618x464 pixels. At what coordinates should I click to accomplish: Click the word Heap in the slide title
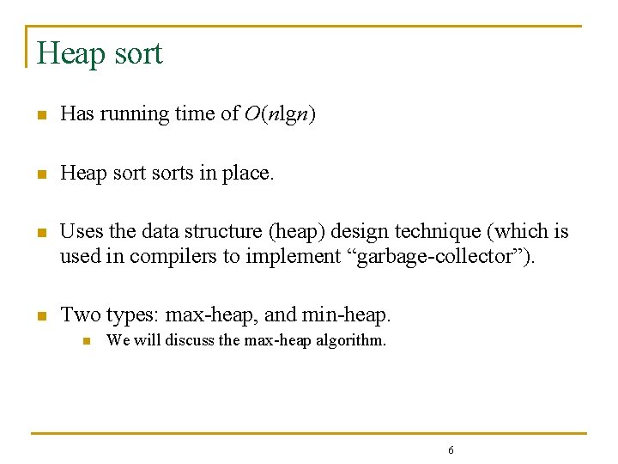click(70, 53)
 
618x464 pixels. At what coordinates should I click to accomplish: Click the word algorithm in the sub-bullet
click(355, 340)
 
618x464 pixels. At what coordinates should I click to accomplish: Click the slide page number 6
click(451, 450)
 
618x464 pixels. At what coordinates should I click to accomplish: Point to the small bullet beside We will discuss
click(86, 340)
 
